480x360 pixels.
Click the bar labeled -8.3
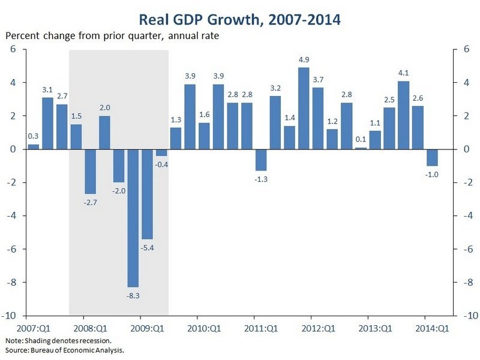click(133, 218)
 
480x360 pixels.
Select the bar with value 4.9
click(304, 109)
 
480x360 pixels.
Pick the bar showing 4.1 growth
click(403, 115)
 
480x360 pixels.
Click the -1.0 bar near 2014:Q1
click(432, 157)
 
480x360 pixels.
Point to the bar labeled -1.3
click(261, 160)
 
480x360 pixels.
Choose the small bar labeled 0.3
click(34, 146)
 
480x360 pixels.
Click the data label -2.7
click(90, 202)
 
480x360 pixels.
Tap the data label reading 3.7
click(318, 80)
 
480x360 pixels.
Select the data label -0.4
click(161, 164)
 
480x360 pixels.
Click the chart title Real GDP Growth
click(240, 20)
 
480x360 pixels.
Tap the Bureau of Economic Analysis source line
click(68, 349)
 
